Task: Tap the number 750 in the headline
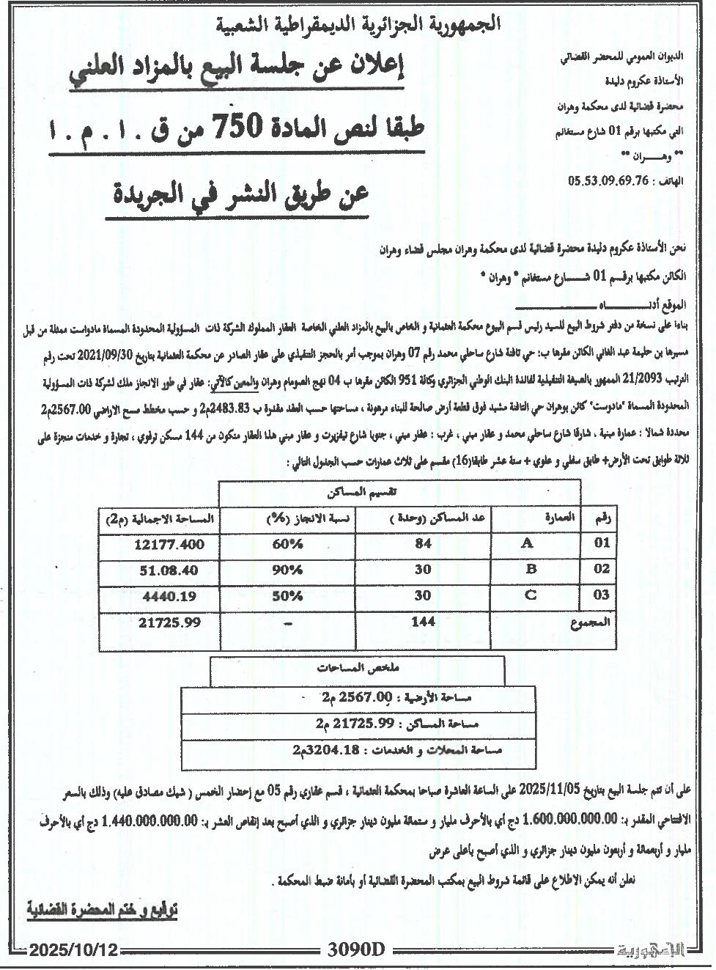click(233, 127)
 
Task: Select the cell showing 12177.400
click(169, 545)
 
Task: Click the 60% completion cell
click(288, 545)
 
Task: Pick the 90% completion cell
click(288, 570)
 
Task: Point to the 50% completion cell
click(288, 595)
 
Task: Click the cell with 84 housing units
click(423, 545)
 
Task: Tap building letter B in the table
click(531, 570)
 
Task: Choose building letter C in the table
click(531, 595)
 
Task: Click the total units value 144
click(423, 622)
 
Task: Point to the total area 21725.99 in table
click(169, 622)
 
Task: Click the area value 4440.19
click(169, 596)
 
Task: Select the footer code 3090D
click(355, 950)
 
